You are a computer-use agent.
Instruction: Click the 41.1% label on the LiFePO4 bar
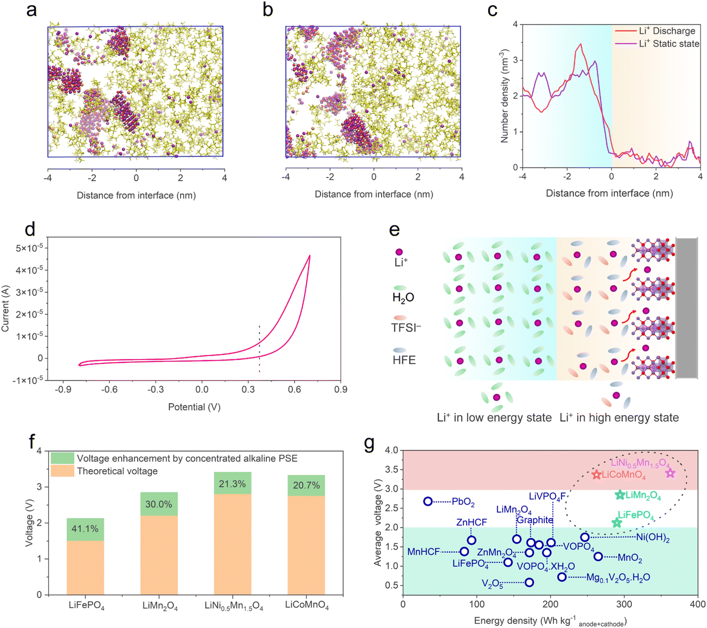click(85, 529)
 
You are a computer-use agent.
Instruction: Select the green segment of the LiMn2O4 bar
click(159, 504)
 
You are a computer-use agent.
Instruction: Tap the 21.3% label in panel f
click(232, 484)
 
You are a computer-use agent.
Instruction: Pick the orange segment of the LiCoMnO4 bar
click(306, 545)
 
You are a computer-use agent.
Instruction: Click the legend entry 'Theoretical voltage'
click(117, 471)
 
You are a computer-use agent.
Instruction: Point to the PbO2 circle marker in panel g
click(428, 501)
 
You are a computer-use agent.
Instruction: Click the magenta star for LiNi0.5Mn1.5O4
click(670, 473)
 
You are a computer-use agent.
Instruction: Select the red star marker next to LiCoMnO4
click(597, 475)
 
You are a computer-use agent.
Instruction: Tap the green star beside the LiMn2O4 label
click(620, 495)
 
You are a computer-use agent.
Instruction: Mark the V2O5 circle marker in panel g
click(529, 582)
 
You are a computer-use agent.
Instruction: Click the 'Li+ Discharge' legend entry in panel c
click(667, 31)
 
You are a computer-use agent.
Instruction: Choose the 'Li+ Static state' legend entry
click(669, 44)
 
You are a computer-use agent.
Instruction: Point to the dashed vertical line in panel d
click(259, 349)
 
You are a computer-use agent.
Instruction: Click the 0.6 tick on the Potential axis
click(294, 389)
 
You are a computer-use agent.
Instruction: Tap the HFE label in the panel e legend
click(404, 360)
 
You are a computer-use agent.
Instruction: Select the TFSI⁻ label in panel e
click(406, 328)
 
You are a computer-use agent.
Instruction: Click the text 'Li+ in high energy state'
click(619, 418)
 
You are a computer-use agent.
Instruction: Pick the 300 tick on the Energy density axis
click(624, 604)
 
